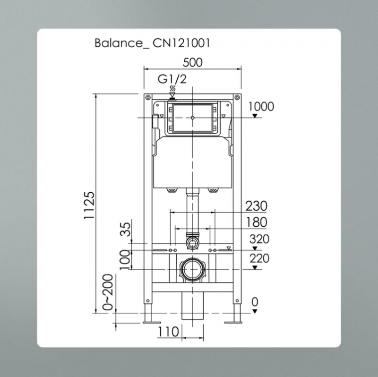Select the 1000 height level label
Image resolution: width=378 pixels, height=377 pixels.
[260, 106]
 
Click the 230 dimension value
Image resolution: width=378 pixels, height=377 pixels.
[256, 206]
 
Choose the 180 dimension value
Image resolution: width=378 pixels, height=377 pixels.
[256, 222]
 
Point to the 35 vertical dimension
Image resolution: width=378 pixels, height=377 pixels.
[125, 230]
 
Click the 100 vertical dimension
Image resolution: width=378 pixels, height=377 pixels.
[125, 260]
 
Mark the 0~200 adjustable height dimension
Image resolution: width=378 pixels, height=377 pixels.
[108, 292]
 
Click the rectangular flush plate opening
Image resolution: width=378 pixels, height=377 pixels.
[193, 117]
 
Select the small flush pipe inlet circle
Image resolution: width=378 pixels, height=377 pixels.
[192, 243]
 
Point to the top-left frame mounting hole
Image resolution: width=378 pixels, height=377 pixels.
[148, 98]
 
